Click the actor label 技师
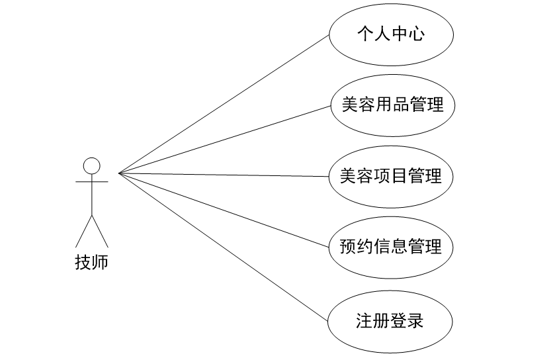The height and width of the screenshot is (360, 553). click(91, 263)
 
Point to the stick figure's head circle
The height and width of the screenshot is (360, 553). click(91, 165)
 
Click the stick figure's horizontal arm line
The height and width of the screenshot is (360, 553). click(83, 180)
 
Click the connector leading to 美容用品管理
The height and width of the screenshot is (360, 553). click(225, 139)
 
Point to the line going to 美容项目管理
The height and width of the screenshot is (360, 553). click(225, 175)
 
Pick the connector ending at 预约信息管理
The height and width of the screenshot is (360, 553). click(225, 210)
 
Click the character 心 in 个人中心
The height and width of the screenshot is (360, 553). click(415, 33)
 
